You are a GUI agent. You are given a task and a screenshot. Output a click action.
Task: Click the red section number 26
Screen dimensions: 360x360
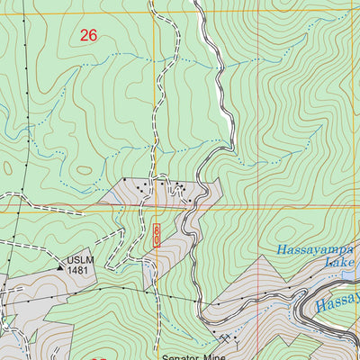pos(87,36)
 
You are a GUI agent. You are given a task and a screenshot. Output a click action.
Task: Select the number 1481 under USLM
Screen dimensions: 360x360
pos(79,272)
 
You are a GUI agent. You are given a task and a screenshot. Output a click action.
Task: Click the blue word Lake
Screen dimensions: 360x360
pos(343,262)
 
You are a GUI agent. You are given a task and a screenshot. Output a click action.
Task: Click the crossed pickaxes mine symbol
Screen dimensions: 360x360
pos(223,338)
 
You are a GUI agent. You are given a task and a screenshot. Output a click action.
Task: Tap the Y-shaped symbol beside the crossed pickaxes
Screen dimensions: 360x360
pos(233,339)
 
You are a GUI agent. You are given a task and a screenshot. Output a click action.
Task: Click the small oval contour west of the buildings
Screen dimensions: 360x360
pos(84,169)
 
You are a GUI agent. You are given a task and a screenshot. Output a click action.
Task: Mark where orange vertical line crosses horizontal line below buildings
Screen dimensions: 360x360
pos(155,208)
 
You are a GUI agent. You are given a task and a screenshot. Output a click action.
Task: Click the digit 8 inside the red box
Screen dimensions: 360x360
pos(156,231)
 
